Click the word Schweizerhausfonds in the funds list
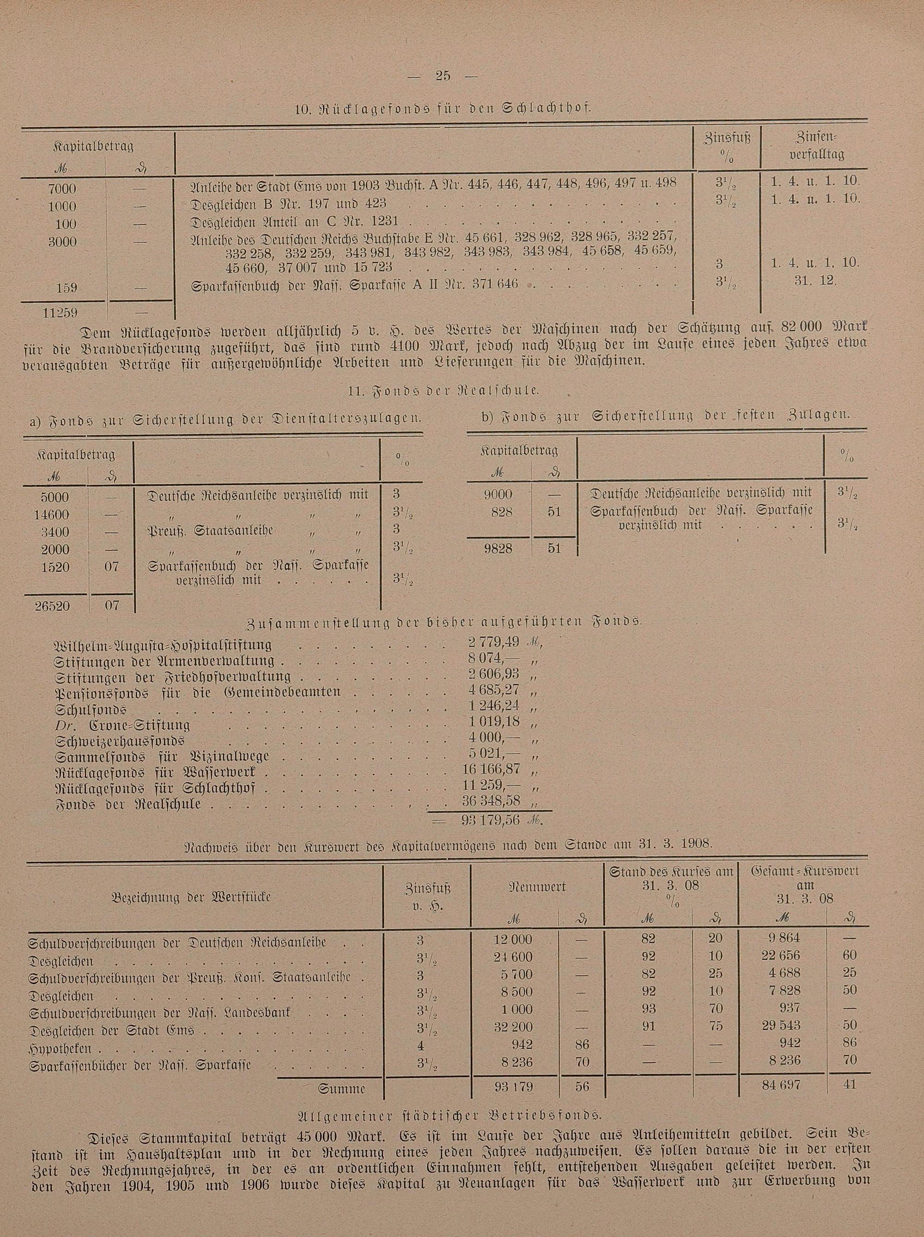click(x=120, y=742)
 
